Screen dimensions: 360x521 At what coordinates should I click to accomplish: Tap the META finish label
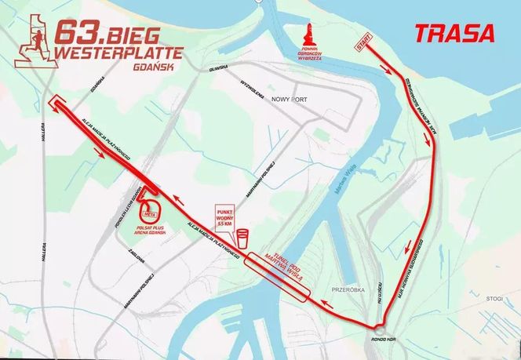pyautogui.click(x=149, y=209)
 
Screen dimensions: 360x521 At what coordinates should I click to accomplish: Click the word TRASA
pyautogui.click(x=455, y=34)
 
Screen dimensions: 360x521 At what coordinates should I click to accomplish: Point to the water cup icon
pyautogui.click(x=243, y=235)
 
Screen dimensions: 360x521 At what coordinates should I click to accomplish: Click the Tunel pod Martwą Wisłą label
pyautogui.click(x=280, y=275)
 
